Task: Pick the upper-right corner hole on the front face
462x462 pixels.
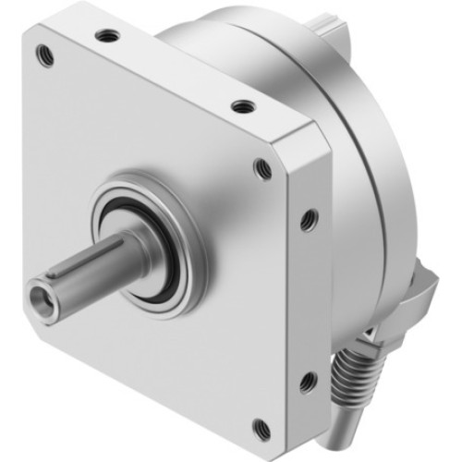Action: click(263, 169)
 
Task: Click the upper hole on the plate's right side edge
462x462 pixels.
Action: click(310, 219)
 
